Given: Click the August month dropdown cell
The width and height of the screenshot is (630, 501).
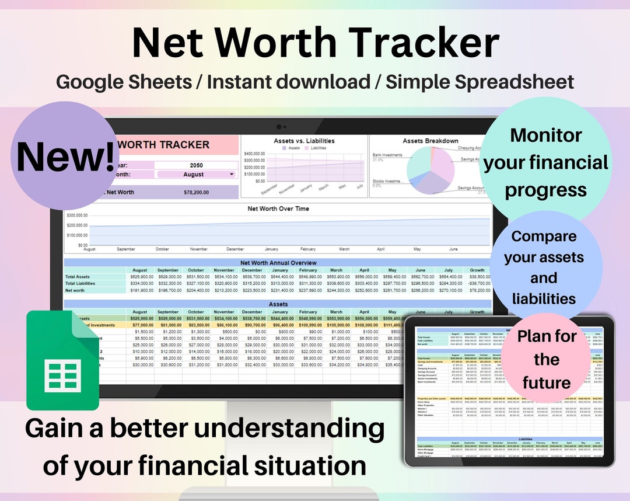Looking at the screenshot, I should tap(197, 174).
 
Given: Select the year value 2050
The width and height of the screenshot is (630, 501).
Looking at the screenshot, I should tap(197, 165).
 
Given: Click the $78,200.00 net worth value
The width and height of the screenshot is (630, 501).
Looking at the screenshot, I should tap(197, 192).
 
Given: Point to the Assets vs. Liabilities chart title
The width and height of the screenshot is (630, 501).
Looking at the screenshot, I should tap(304, 141).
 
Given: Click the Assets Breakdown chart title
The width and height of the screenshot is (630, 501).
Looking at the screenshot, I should tap(430, 141).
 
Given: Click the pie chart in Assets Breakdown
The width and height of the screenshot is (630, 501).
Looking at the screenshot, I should tap(430, 171).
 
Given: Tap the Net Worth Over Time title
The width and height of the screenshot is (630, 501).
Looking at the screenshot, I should tap(278, 208).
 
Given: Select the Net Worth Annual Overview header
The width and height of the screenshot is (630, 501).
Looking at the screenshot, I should tap(278, 263).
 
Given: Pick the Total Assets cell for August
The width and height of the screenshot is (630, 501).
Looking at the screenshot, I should tap(139, 277).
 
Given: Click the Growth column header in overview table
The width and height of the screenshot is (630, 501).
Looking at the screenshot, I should tap(477, 270).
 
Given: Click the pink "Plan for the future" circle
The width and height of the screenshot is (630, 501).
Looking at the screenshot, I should tap(546, 359).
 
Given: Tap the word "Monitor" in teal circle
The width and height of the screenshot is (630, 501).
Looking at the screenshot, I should tap(545, 135).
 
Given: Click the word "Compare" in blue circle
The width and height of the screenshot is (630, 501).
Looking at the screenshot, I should tap(544, 236).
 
